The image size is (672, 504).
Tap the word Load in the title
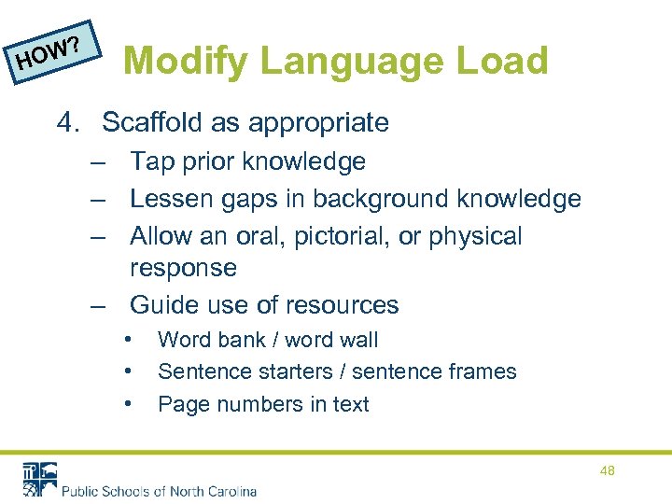(501, 62)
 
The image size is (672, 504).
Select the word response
(183, 269)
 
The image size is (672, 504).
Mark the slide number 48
(607, 471)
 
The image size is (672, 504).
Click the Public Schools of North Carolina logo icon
(39, 478)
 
